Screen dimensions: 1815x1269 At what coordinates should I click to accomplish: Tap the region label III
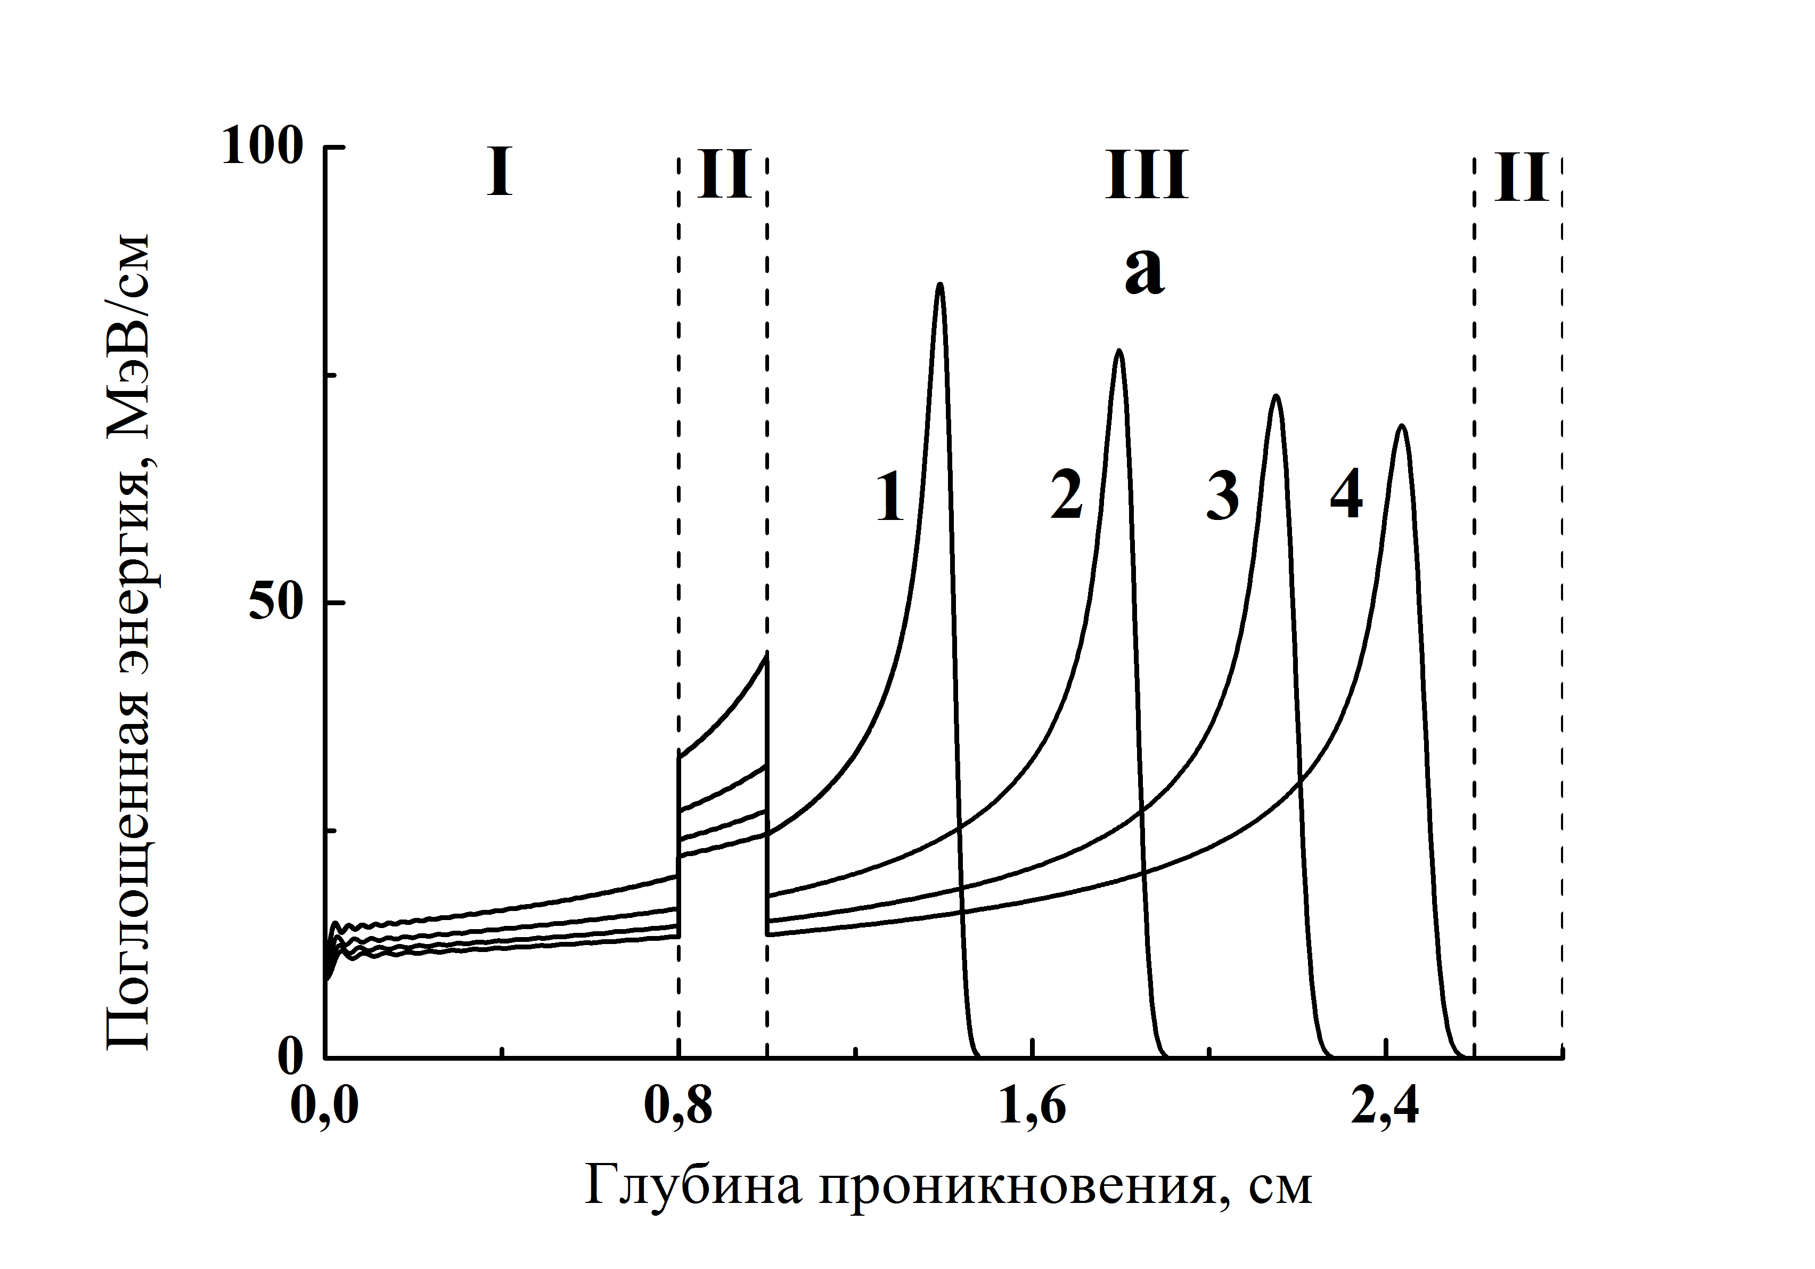tap(1147, 175)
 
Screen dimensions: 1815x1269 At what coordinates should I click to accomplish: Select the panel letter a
tap(1144, 274)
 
